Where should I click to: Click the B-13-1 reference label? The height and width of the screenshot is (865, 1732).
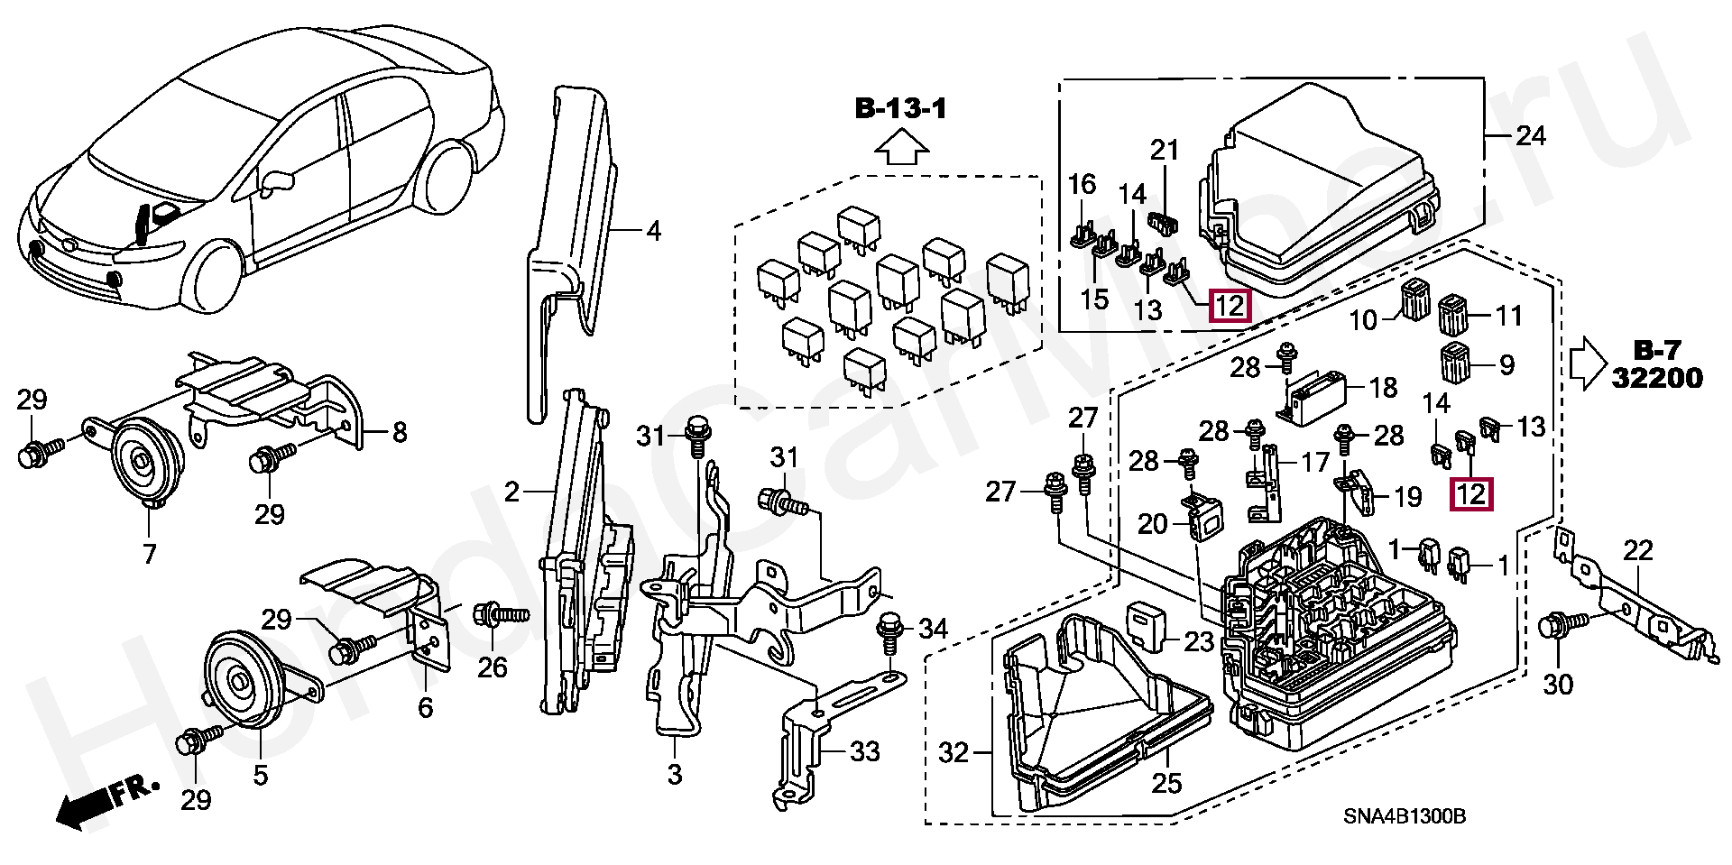tap(901, 110)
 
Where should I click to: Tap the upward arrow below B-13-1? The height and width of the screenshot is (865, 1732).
tap(901, 146)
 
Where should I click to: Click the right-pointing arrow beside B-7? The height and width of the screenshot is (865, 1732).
tap(1589, 363)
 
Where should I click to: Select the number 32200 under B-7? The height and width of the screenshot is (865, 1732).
tap(1657, 378)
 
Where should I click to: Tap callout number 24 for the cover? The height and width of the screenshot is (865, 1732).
tap(1531, 136)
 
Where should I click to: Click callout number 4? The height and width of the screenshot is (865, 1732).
tap(653, 232)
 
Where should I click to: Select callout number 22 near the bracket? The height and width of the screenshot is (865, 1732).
tap(1638, 549)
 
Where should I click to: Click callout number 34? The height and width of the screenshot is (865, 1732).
tap(934, 628)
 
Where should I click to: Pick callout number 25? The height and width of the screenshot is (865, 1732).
tap(1166, 782)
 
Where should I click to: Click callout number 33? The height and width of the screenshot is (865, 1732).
tap(865, 750)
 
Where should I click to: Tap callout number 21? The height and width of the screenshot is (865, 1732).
tap(1165, 150)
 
